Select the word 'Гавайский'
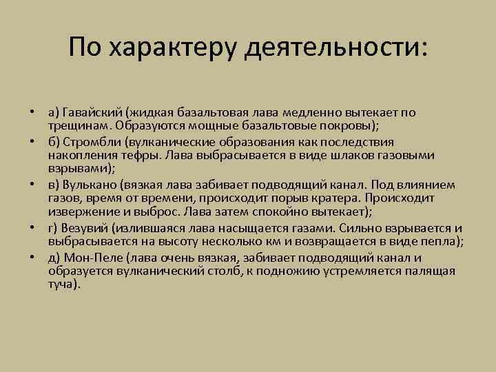92,112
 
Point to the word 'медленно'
309,112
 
